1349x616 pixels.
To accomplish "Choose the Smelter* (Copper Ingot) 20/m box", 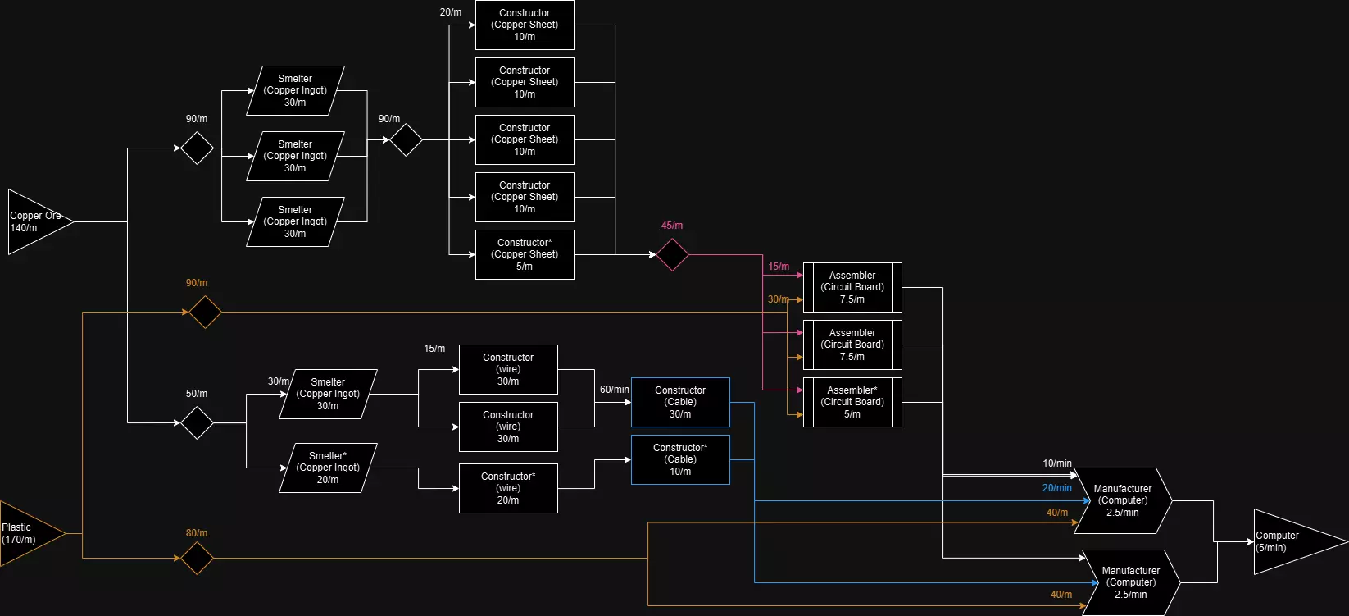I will click(328, 468).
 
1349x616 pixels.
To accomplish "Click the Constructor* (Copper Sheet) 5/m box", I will click(525, 254).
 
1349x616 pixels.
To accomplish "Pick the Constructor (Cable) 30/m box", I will click(680, 402).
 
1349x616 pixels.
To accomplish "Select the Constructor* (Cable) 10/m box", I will click(680, 459).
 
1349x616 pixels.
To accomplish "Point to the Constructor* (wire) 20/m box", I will click(508, 488).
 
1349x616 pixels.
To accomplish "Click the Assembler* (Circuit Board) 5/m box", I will click(852, 402).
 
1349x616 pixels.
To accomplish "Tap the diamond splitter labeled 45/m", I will click(672, 254).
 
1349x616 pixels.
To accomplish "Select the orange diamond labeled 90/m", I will click(205, 312).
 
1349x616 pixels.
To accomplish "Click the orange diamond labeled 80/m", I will click(197, 558).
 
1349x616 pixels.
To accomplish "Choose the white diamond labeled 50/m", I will click(197, 422).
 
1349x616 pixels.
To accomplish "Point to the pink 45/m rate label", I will click(672, 226).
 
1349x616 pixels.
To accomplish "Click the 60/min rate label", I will click(615, 390).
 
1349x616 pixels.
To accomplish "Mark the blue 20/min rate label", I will click(1056, 488).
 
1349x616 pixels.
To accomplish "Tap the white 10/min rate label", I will click(1056, 463).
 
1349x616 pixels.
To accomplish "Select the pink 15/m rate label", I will click(779, 267).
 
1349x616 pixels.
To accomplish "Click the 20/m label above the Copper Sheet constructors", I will click(451, 12).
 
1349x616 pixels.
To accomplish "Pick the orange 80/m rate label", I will click(197, 533).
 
